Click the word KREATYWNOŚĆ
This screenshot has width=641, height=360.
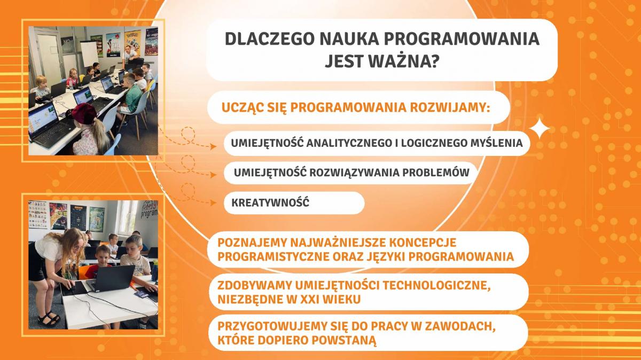[270, 202]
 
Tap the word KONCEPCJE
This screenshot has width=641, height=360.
[423, 242]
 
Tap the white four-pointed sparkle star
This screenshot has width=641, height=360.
[540, 129]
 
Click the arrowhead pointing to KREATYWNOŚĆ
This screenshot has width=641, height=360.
[213, 203]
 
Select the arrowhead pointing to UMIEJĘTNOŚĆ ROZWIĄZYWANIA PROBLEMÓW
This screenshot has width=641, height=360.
[213, 174]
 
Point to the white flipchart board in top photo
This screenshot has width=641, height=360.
[89, 53]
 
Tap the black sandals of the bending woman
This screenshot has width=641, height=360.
[49, 319]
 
